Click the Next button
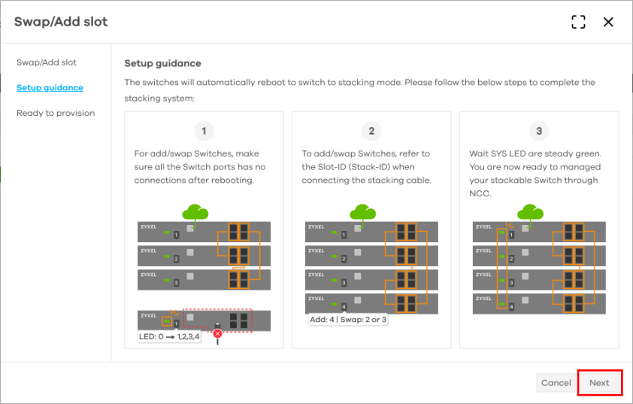599,383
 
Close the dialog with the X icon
608,23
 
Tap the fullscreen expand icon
578,23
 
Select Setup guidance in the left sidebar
50,88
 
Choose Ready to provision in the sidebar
56,114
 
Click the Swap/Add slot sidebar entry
47,62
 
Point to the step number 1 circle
204,132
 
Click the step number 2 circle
371,132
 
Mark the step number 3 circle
539,132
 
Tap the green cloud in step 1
195,212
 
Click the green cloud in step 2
363,212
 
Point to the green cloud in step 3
531,212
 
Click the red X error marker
217,333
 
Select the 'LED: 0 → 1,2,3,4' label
170,336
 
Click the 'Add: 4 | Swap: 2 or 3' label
347,319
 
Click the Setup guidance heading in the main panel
162,64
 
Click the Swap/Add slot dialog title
61,22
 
